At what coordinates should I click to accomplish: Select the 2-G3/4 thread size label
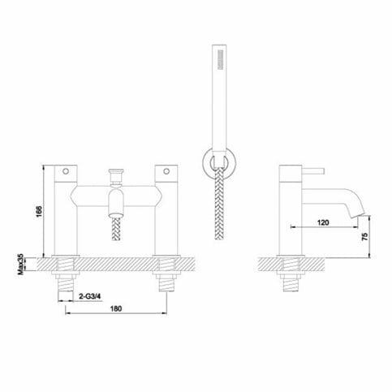pos(90,298)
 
